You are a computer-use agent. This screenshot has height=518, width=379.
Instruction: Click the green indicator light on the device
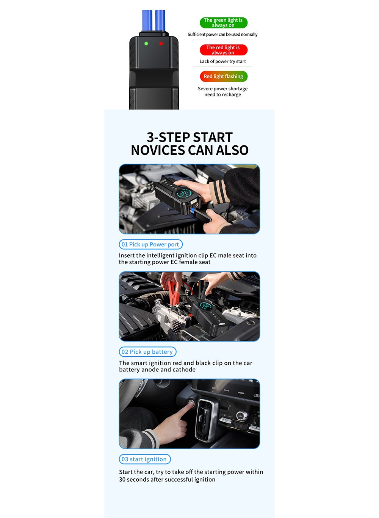(146, 44)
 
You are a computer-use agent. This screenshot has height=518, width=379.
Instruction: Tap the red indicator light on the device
(161, 44)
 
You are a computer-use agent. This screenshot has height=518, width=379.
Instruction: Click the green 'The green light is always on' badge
(223, 23)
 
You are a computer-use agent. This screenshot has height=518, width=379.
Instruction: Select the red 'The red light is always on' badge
(223, 50)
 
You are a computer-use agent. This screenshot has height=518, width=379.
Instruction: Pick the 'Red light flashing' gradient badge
(224, 76)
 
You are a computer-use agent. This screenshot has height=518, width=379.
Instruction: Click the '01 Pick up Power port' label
(150, 244)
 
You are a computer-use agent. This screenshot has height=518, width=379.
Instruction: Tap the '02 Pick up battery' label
(147, 352)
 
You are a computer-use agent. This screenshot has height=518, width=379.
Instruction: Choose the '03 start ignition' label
(145, 459)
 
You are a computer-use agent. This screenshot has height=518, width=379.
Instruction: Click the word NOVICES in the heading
(158, 150)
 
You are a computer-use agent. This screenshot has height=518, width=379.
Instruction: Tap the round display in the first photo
(184, 194)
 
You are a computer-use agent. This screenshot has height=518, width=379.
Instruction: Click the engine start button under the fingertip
(191, 403)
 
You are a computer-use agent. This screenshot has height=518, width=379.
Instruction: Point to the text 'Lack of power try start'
(222, 61)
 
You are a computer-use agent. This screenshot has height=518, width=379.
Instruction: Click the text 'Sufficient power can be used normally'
(222, 35)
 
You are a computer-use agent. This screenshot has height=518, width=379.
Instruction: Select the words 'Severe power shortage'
(222, 89)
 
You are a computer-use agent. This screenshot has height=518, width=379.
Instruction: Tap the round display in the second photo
(205, 306)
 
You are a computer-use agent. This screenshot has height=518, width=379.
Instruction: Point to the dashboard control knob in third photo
(242, 415)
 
